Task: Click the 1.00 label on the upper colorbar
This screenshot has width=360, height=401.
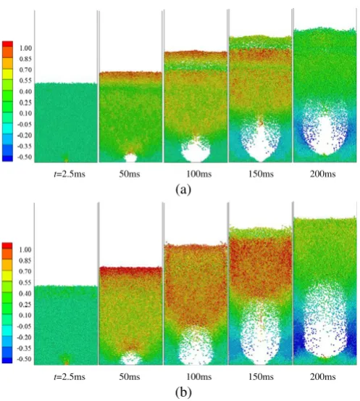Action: pyautogui.click(x=25, y=48)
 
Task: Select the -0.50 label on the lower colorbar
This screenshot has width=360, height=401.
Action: pyautogui.click(x=25, y=359)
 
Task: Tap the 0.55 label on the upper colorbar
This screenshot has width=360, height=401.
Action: pyautogui.click(x=25, y=80)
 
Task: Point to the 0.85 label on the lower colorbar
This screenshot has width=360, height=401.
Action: pyautogui.click(x=25, y=260)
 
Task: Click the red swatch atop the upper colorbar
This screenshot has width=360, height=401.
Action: pyautogui.click(x=7, y=44)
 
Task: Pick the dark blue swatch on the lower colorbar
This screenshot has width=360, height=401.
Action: pyautogui.click(x=7, y=360)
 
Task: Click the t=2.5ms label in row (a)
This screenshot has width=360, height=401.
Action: pyautogui.click(x=70, y=174)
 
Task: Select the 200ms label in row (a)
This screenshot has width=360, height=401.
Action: pyautogui.click(x=323, y=174)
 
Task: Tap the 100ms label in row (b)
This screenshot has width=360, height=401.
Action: pyautogui.click(x=199, y=376)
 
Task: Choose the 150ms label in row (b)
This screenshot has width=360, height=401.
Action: pyautogui.click(x=261, y=376)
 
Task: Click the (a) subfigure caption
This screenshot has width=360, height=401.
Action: pyautogui.click(x=183, y=190)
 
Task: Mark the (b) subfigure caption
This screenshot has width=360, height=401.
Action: pyautogui.click(x=183, y=392)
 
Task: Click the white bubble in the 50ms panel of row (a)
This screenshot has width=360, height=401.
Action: pyautogui.click(x=130, y=158)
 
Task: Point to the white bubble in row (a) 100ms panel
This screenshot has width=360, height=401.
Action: pyautogui.click(x=196, y=152)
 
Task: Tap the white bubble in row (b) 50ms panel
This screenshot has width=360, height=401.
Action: pyautogui.click(x=131, y=358)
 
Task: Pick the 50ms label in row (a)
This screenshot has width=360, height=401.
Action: pyautogui.click(x=130, y=174)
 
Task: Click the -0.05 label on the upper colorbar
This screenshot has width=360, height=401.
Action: pyautogui.click(x=25, y=124)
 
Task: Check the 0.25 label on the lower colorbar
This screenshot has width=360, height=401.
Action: pyautogui.click(x=25, y=305)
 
